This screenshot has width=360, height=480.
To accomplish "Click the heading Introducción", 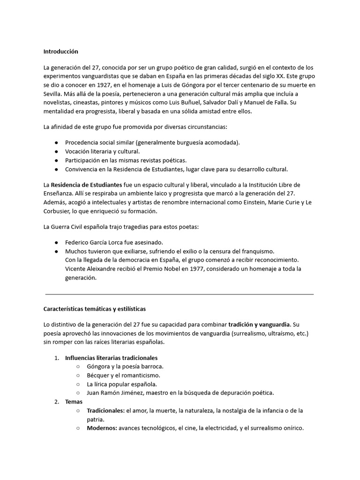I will pyautogui.click(x=60, y=51).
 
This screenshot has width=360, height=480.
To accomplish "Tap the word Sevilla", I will pyautogui.click(x=52, y=93).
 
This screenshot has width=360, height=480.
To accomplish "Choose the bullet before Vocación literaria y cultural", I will pyautogui.click(x=56, y=151).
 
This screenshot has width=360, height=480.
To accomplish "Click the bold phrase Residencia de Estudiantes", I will pyautogui.click(x=86, y=184).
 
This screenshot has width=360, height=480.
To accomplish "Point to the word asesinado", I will pyautogui.click(x=147, y=243).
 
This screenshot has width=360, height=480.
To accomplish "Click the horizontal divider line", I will pyautogui.click(x=180, y=294).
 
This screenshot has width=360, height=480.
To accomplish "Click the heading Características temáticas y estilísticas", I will pyautogui.click(x=95, y=309).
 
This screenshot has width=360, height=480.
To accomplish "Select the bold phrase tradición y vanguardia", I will pyautogui.click(x=259, y=324).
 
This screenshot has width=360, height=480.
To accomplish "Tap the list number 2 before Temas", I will pyautogui.click(x=56, y=402).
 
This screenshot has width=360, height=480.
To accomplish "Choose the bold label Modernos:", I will pyautogui.click(x=102, y=428).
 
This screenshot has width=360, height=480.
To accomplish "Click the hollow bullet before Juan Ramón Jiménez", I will pyautogui.click(x=78, y=393).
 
